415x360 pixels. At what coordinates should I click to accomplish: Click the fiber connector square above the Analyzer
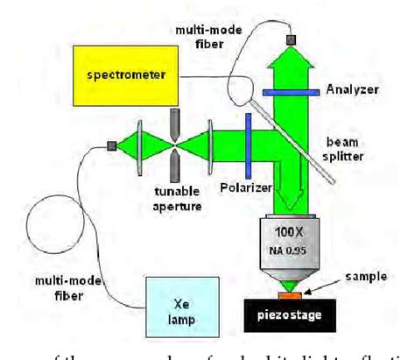291,38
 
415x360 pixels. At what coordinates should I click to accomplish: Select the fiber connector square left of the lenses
112,145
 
